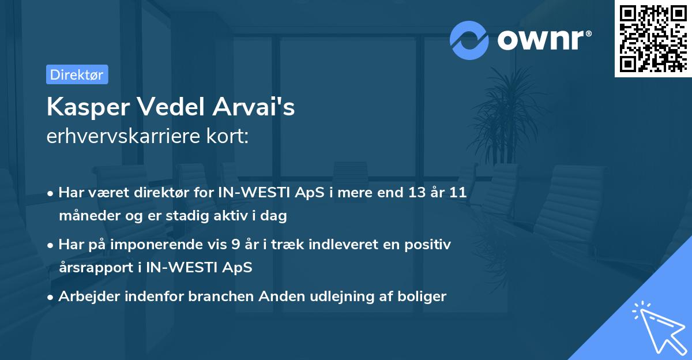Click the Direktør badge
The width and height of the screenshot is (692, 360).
[x=77, y=74]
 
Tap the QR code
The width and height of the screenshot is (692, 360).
[x=653, y=39]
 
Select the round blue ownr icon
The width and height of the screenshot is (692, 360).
[x=469, y=40]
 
